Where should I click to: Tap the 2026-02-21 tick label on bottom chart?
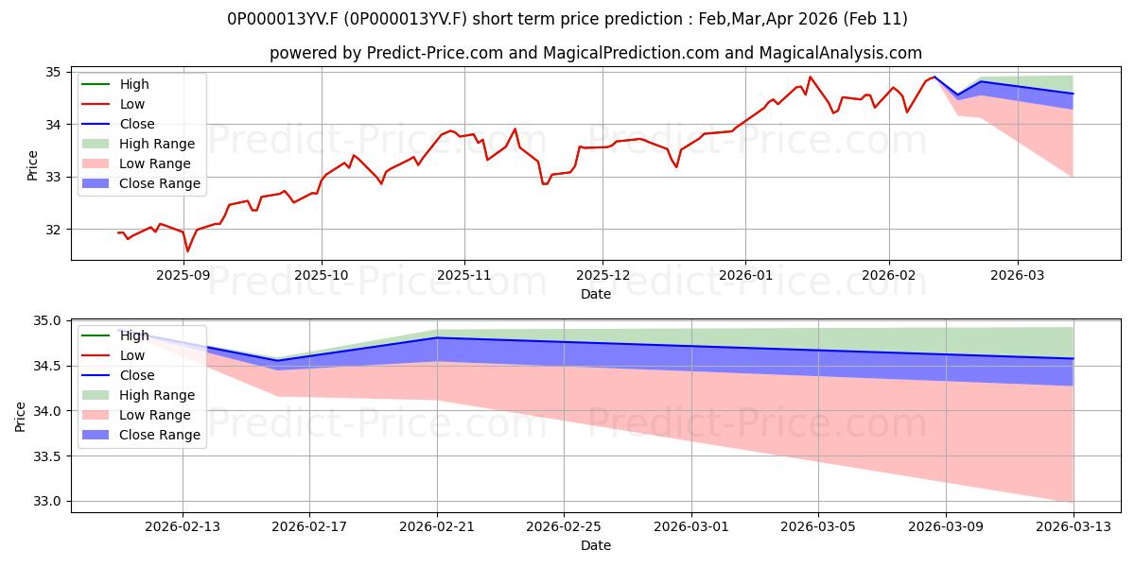click(437, 526)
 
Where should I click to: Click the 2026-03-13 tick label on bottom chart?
click(1074, 526)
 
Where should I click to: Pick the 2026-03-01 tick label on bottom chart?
click(690, 526)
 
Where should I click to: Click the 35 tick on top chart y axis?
click(53, 72)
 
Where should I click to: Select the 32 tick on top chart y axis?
click(53, 230)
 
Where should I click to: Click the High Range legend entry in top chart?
click(157, 144)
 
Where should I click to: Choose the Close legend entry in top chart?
click(137, 124)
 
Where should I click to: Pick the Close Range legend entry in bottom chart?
click(159, 435)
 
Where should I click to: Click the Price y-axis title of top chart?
click(33, 165)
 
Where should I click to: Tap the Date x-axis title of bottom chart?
click(596, 545)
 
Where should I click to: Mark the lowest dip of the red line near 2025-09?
click(187, 250)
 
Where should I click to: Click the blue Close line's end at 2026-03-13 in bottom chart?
click(1074, 359)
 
